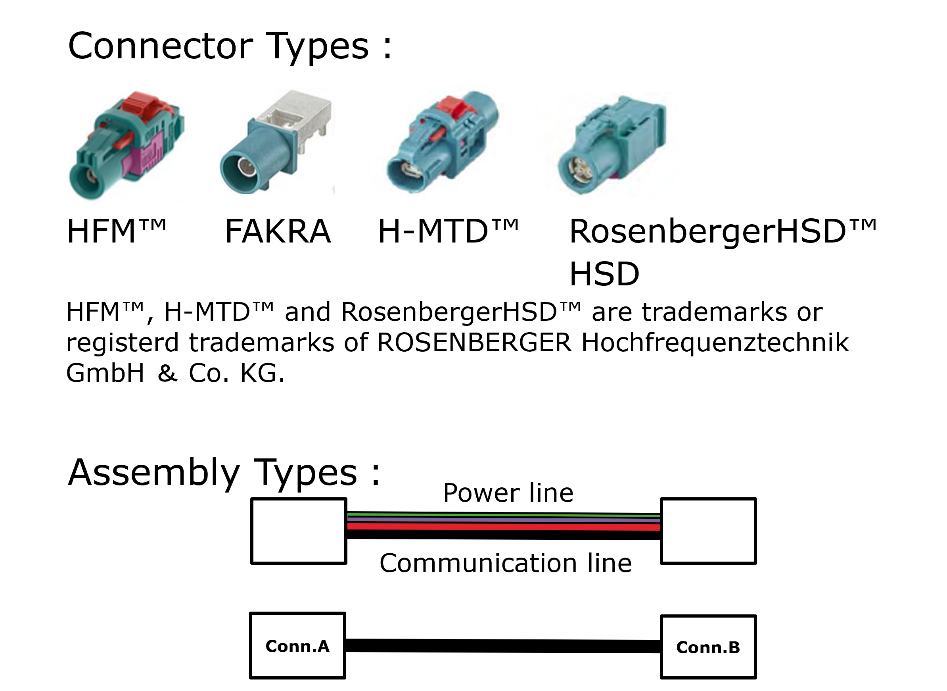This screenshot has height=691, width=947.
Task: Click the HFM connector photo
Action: [125, 146]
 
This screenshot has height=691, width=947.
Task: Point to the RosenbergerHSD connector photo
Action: [612, 144]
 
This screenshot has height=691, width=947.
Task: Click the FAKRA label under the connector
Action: [278, 231]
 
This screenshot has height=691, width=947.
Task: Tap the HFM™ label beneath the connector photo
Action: [116, 231]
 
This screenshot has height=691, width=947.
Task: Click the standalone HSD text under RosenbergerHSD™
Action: [604, 274]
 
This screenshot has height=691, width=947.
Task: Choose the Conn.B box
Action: [708, 647]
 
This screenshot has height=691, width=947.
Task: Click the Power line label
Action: [508, 493]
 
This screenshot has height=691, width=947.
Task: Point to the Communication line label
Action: [506, 563]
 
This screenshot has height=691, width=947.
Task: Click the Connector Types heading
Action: [230, 46]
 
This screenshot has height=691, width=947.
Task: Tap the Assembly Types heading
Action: [224, 473]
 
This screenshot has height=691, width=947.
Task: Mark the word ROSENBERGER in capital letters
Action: [474, 343]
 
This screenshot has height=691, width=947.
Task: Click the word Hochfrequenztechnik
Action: [715, 343]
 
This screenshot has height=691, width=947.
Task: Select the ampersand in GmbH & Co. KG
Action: [168, 373]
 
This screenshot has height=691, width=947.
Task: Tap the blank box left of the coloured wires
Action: [298, 531]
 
